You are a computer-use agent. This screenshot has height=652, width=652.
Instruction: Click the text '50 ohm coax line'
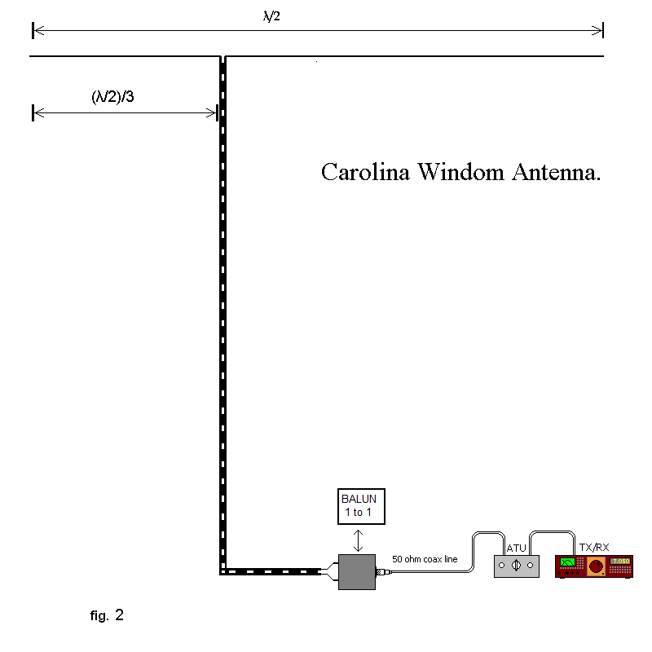coord(425,559)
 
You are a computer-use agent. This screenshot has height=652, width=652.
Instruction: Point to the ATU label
coord(516,548)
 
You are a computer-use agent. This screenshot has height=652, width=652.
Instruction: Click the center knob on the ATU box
coord(517,565)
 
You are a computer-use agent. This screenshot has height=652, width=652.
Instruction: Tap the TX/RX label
coord(593,547)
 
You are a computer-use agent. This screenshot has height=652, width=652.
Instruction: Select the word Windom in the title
coord(460,173)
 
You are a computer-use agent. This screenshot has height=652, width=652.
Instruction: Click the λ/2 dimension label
coord(272,16)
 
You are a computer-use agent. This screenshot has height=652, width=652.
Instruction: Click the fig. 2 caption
coord(107,615)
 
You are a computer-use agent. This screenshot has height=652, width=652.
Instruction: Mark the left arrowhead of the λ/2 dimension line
coord(37,30)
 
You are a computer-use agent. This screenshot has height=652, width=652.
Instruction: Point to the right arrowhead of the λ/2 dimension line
coord(599,30)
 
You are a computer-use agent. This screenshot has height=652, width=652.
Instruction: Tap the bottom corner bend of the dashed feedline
coord(222,570)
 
